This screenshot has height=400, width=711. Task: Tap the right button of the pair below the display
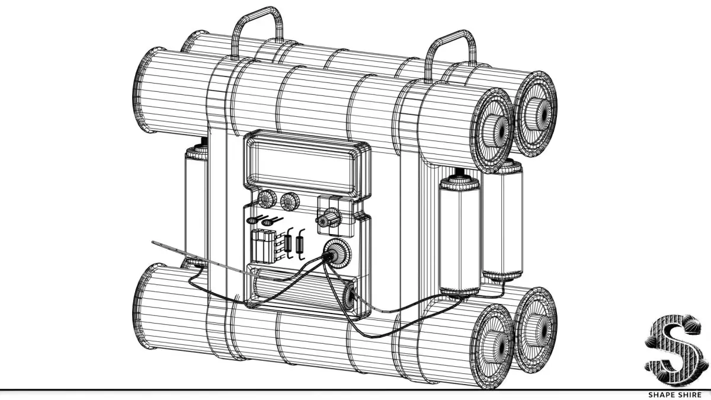point(290,201)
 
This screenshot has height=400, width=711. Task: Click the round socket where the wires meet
point(333,255)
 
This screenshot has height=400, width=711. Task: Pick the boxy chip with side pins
point(261,246)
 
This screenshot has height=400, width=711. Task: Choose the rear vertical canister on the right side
point(504,222)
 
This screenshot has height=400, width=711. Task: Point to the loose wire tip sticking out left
point(155,243)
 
